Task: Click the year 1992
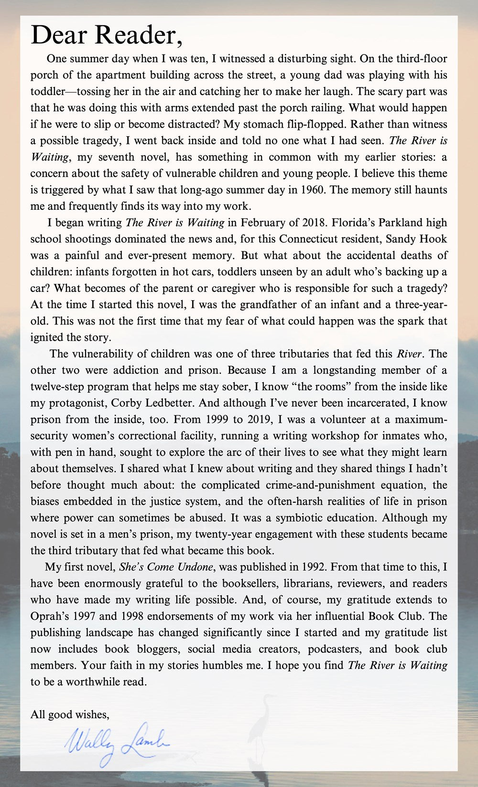(314, 567)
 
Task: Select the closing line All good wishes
(70, 714)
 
